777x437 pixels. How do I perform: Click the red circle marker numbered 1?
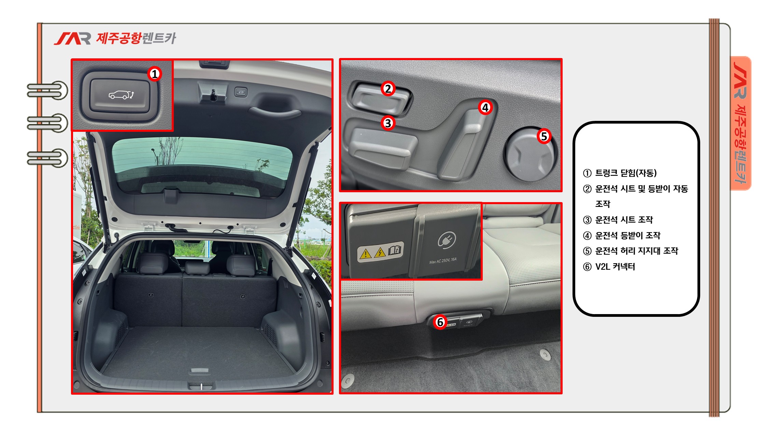(x=155, y=74)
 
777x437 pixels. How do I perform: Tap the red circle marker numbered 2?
(x=388, y=89)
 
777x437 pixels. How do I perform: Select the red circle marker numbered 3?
(x=388, y=123)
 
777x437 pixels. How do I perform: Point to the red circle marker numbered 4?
(x=485, y=108)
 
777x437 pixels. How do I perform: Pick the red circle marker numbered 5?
(x=544, y=136)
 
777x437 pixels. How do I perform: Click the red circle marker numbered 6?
(x=440, y=322)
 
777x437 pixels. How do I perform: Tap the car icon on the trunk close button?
(x=121, y=95)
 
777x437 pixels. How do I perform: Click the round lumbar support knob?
(x=530, y=154)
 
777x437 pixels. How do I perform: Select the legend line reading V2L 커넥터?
(x=609, y=267)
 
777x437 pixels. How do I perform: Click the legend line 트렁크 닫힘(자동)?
(x=620, y=173)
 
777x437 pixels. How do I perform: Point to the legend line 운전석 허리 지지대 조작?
(x=631, y=251)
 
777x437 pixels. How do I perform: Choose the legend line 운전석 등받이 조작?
(x=622, y=235)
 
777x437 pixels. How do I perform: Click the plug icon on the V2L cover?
(x=447, y=240)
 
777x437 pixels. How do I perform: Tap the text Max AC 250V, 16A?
(x=443, y=261)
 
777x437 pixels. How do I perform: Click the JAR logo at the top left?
(x=72, y=39)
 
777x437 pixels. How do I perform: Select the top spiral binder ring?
(x=48, y=90)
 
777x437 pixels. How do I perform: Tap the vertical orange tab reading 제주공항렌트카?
(x=741, y=123)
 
